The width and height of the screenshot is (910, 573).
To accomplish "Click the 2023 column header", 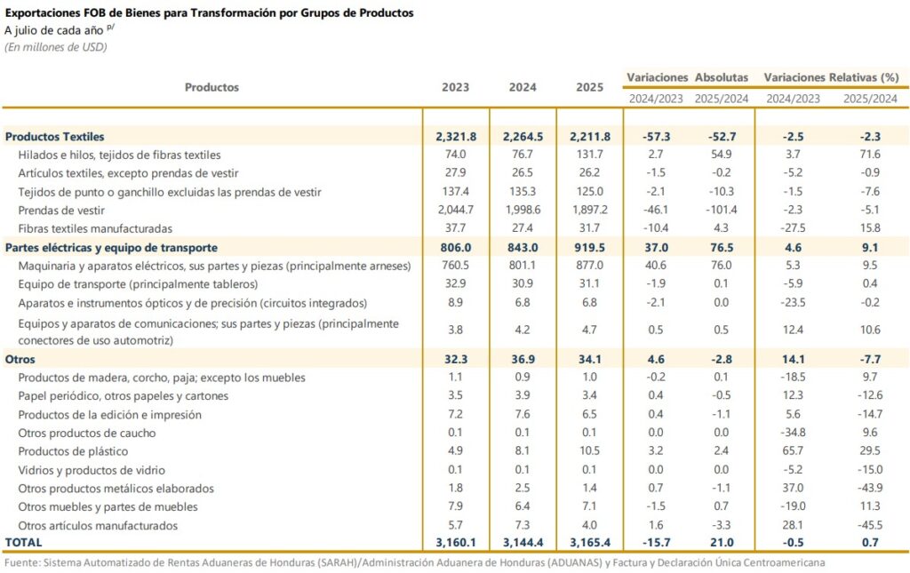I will coord(456,87).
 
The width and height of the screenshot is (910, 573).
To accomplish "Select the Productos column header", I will coord(212,87).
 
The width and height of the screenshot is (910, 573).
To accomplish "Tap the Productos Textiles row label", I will coord(55,137).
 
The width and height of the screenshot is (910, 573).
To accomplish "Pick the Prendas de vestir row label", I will coord(61,211).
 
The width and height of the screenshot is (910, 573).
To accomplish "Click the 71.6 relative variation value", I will coord(871,155).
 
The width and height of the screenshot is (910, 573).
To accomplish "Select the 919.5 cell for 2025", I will coord(590,248).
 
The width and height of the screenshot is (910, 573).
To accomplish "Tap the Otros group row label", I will coord(20,359).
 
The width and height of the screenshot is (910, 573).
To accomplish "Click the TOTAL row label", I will coord(24,541).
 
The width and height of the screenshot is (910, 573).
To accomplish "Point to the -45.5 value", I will coord(870,525).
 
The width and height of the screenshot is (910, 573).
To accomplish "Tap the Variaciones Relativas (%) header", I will coord(831,77).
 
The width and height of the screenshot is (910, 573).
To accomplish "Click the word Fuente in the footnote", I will coord(22,563).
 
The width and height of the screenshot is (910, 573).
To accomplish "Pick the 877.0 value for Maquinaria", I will coord(590,266).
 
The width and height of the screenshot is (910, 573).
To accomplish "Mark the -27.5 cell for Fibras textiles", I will coord(792,229).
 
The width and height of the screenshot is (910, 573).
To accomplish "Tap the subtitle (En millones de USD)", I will coord(56,47).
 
